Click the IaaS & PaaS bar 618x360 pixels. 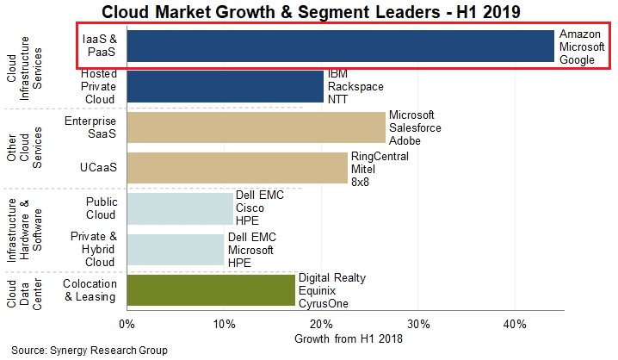point(340,47)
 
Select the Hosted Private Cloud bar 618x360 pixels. point(225,87)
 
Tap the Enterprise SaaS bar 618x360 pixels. point(256,127)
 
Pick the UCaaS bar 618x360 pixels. point(237,168)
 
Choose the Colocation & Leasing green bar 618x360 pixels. point(211,290)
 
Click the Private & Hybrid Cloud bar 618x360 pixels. point(175,250)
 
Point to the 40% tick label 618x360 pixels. point(515,324)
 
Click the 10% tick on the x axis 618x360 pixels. point(224,324)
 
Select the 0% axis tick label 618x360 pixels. point(127,324)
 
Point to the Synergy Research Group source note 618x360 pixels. point(90,351)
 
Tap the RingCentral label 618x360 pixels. point(380,156)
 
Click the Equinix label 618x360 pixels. point(318,290)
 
